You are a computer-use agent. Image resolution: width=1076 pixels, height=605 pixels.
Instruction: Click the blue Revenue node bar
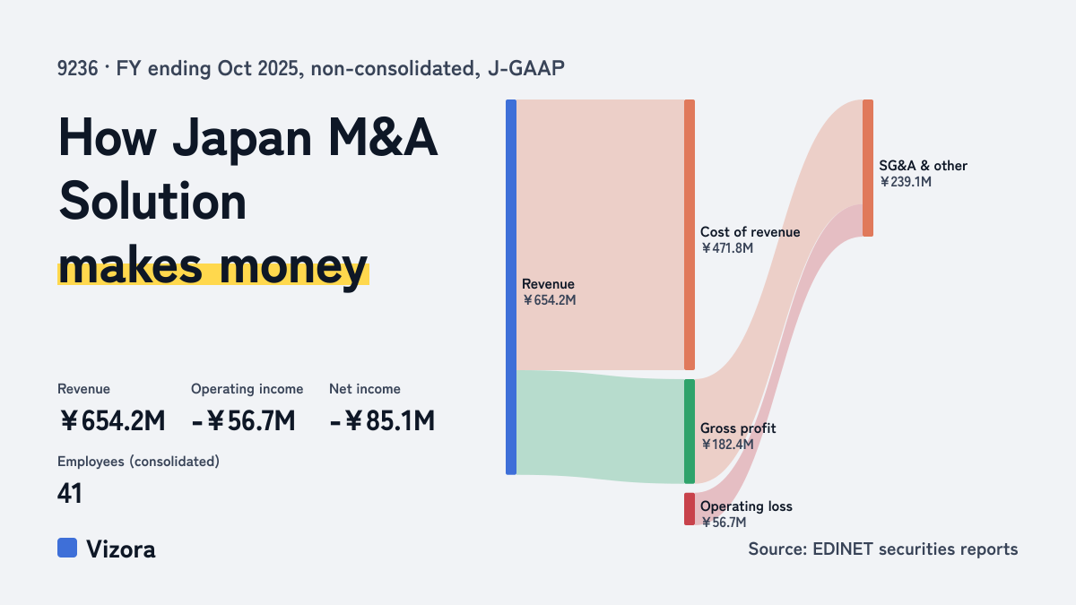pos(511,287)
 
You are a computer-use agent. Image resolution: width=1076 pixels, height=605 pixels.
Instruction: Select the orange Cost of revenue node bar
pos(690,235)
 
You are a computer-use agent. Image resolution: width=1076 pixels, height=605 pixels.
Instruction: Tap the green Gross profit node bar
pos(690,431)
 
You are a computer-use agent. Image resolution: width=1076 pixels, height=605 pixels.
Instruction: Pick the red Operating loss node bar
pos(690,509)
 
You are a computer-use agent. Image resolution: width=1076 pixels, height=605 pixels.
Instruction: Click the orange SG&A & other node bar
pos(868,169)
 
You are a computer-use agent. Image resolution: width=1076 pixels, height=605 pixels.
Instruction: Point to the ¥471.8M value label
pos(727,248)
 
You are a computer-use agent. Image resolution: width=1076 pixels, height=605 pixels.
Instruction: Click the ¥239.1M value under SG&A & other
pos(906,182)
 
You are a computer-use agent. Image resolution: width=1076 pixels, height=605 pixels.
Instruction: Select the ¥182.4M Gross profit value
pos(727,445)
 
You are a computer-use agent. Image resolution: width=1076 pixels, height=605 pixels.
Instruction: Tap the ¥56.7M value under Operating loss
pos(724,523)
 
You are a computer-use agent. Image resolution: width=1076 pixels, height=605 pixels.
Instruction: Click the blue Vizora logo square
pos(67,548)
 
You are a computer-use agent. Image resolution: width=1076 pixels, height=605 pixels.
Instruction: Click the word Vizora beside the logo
pos(121,549)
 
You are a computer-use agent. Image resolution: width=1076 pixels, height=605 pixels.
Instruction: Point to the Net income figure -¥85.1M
pos(382,420)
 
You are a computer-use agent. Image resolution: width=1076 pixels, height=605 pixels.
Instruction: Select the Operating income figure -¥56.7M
pos(244,420)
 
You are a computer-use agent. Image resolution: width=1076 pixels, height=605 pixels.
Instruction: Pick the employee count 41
pos(70,493)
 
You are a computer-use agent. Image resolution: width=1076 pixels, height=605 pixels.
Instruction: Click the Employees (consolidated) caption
pos(138,462)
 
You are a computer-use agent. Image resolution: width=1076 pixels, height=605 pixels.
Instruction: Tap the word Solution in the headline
pos(152,202)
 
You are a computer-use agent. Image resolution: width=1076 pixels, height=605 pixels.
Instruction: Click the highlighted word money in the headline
pos(293,266)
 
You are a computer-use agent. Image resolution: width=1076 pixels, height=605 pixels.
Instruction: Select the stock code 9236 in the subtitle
pos(77,69)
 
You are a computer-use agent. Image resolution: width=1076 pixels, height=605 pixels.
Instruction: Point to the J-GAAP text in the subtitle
pos(526,69)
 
